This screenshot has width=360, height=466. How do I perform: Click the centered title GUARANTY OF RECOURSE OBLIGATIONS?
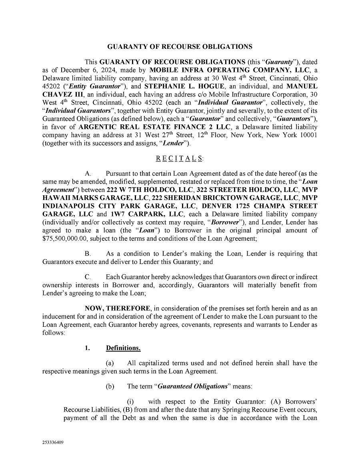tap(180, 47)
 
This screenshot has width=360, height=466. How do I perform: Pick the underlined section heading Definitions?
tap(123, 348)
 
